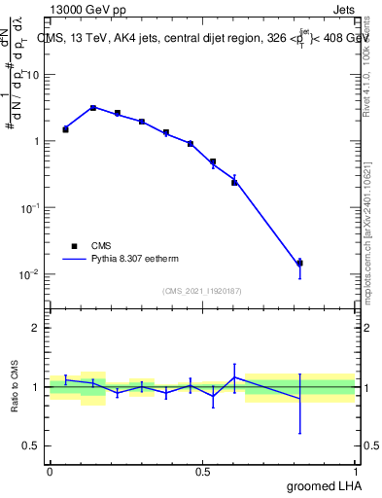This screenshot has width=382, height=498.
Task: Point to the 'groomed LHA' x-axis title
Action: click(x=324, y=485)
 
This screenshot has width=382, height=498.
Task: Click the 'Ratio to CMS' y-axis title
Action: click(x=15, y=387)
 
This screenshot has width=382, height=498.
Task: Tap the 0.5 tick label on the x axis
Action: click(x=203, y=472)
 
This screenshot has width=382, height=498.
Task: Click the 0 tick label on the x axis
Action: click(x=50, y=472)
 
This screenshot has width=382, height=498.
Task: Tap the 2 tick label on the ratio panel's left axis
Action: click(x=36, y=328)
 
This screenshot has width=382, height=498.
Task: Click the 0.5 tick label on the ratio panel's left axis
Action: click(x=32, y=445)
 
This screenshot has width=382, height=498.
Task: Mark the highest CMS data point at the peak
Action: click(x=93, y=108)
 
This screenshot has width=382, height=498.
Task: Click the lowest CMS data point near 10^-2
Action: click(x=299, y=263)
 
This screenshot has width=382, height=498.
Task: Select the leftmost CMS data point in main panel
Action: click(x=65, y=128)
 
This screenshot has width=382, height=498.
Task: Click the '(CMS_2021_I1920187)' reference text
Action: click(x=202, y=291)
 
